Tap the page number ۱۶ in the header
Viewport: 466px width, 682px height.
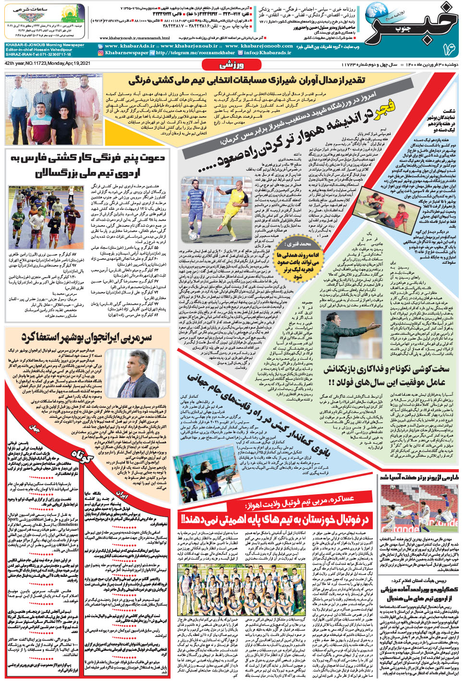click(x=449, y=48)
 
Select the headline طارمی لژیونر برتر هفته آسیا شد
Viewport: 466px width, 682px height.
click(x=419, y=477)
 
